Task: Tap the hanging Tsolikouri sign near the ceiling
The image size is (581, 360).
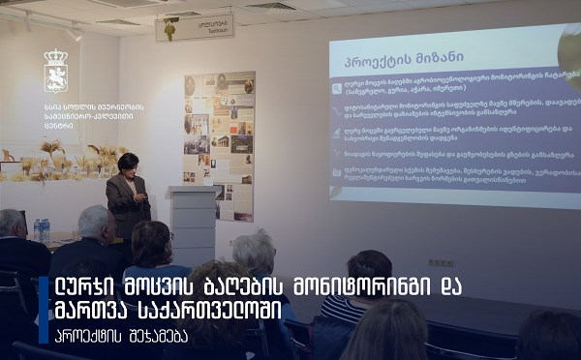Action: (x=194, y=27)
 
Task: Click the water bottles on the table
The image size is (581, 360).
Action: (x=41, y=229)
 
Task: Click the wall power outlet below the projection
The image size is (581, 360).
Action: (x=441, y=261)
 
